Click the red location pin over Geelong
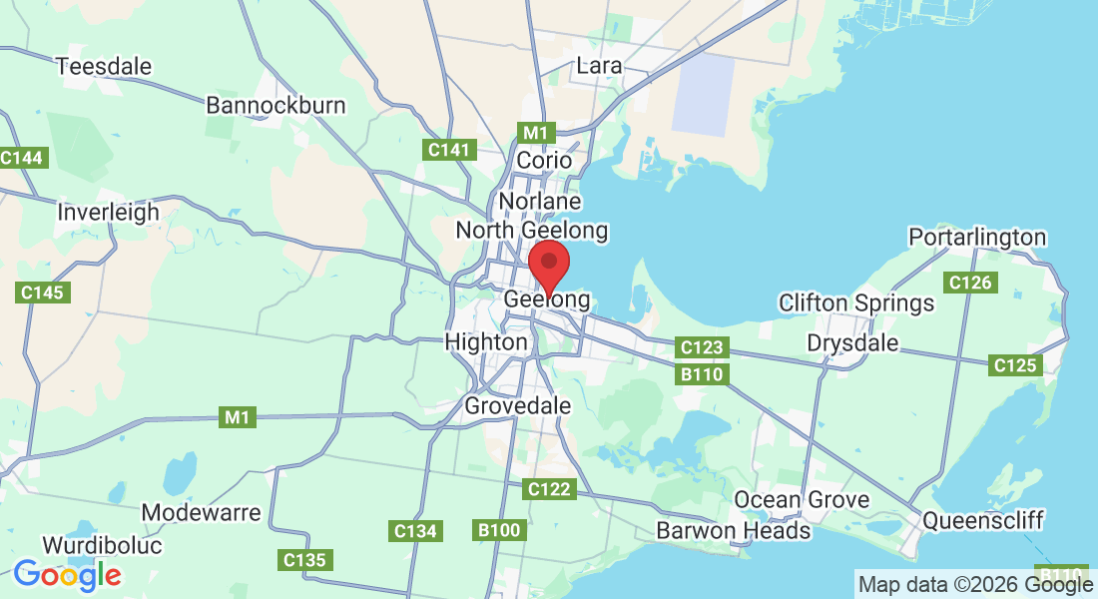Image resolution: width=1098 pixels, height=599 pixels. pos(548,264)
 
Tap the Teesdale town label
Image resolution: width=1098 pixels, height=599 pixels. pos(104,67)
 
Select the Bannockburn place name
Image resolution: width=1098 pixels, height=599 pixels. pos(275,105)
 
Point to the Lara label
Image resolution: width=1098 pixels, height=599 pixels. pos(599,66)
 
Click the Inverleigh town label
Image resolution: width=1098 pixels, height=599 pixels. pos(108,212)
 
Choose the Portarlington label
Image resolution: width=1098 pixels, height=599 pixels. pos(977,238)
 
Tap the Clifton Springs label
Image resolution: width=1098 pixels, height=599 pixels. pos(856,302)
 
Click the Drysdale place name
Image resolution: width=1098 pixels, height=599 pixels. pos(852,343)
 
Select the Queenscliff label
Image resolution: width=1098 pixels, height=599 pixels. pos(983,520)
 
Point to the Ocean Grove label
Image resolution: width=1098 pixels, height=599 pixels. pos(802,499)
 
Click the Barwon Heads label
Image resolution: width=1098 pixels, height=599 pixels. pos(734,530)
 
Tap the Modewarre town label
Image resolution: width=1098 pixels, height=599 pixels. pos(201,513)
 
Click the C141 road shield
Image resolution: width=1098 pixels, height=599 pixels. pos(448,150)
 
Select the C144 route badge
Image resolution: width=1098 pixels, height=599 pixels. pos(22,158)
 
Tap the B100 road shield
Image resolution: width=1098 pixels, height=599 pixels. pos(500,530)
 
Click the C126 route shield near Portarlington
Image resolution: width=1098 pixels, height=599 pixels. pos(970,283)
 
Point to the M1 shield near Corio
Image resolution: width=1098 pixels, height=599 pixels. pos(536,132)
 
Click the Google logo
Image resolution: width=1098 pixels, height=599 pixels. pos(67,575)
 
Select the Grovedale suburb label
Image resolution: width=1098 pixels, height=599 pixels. pos(518,406)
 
